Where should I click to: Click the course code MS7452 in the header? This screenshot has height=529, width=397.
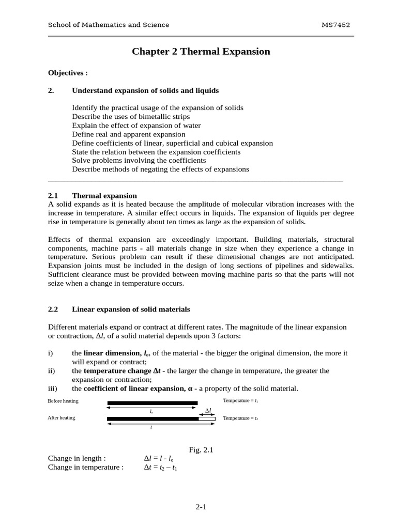point(339,25)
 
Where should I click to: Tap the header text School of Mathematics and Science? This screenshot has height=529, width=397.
point(108,25)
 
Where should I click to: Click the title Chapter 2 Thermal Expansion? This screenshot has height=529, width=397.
point(201,51)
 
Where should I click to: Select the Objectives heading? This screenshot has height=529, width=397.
point(68,73)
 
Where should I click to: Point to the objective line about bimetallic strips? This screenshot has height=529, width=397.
point(131,117)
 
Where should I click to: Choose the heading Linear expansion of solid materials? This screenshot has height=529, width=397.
point(131,309)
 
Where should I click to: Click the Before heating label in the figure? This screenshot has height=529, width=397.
point(62,401)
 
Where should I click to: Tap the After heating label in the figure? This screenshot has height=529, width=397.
point(61,418)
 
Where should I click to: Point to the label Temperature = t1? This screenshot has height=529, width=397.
point(240,401)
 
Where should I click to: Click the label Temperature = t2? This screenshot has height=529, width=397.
point(240,418)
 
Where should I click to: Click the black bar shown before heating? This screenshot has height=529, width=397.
point(152,402)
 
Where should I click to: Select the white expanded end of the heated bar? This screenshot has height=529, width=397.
point(207,418)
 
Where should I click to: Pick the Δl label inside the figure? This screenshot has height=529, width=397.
point(208,411)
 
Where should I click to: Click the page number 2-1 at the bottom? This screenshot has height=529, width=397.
point(201,507)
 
